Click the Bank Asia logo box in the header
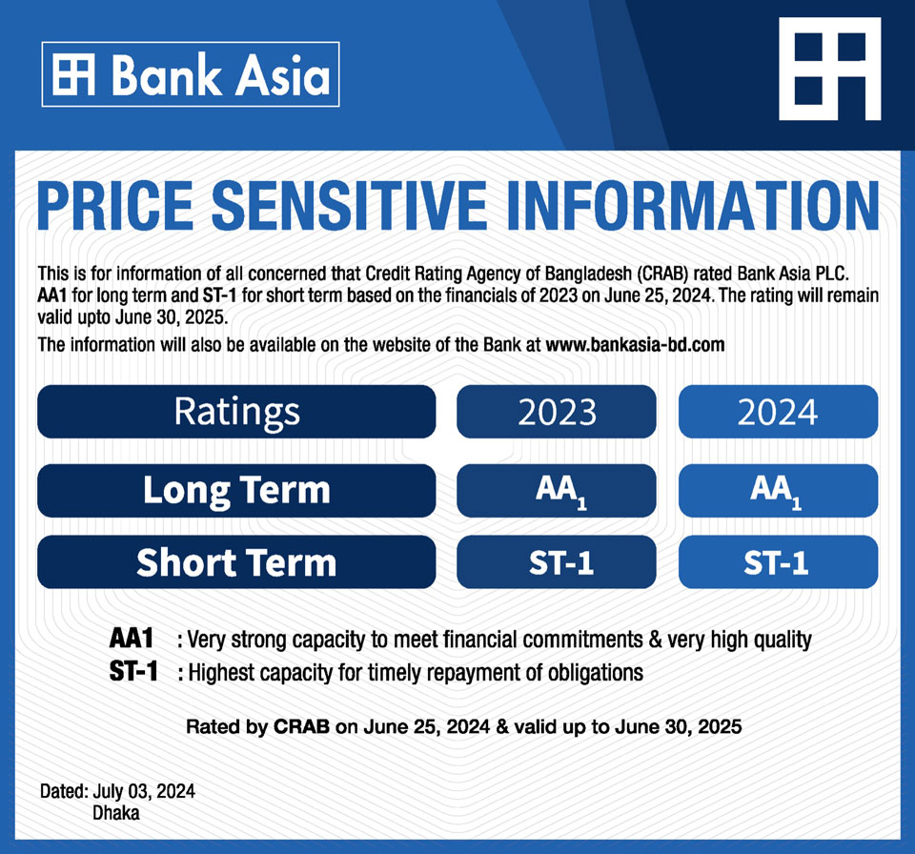(191, 74)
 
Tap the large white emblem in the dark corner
(830, 69)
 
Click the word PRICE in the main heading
(115, 206)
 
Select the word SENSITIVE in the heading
(349, 206)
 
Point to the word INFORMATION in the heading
(693, 206)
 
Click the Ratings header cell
(236, 412)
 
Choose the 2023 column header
(557, 412)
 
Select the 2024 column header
(778, 412)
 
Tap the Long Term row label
(236, 490)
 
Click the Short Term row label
(236, 562)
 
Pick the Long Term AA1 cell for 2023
(557, 490)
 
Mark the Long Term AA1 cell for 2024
(778, 490)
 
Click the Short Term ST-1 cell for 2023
(557, 562)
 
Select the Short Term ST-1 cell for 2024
(778, 562)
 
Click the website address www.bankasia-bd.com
(635, 345)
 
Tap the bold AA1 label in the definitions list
(132, 638)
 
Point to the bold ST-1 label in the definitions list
(133, 671)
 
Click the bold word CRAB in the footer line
(301, 726)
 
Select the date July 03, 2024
(144, 791)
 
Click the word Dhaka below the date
(116, 813)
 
